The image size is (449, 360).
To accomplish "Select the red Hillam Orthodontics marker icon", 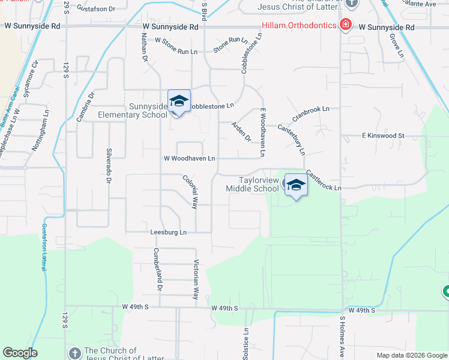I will click(345, 25).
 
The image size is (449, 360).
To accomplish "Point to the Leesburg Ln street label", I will click(169, 232).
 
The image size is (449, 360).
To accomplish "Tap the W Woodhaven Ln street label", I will click(189, 158).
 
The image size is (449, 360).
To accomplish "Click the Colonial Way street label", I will click(190, 191).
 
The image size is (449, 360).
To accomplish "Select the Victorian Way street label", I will click(195, 279).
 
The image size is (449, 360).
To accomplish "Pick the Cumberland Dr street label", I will click(157, 269).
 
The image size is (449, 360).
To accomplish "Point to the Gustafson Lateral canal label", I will click(44, 247).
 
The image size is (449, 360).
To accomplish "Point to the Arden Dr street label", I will click(241, 132).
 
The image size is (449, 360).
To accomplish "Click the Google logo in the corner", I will click(20, 353).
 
